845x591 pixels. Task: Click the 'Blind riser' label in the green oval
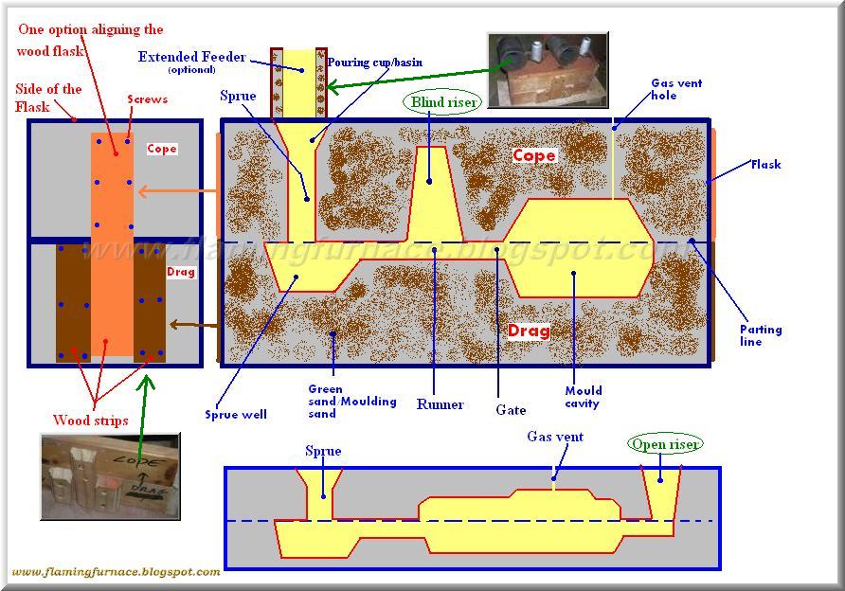[x=441, y=101]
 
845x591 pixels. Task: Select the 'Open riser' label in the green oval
[x=665, y=443]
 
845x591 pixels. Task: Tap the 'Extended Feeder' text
[x=191, y=57]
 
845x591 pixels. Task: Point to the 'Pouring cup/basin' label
[x=374, y=63]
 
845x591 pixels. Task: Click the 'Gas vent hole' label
[x=676, y=89]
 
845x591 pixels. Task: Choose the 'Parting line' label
[x=761, y=335]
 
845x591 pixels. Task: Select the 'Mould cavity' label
[x=583, y=396]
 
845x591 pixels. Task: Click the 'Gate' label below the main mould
[x=512, y=410]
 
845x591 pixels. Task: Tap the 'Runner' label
[x=440, y=404]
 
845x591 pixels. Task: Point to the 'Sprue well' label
[x=235, y=414]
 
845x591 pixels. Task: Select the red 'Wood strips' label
[x=91, y=421]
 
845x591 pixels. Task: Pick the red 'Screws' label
[x=147, y=99]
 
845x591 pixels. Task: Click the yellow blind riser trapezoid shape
[x=435, y=193]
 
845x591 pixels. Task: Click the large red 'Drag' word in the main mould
[x=529, y=331]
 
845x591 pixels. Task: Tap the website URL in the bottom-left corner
[x=116, y=572]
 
